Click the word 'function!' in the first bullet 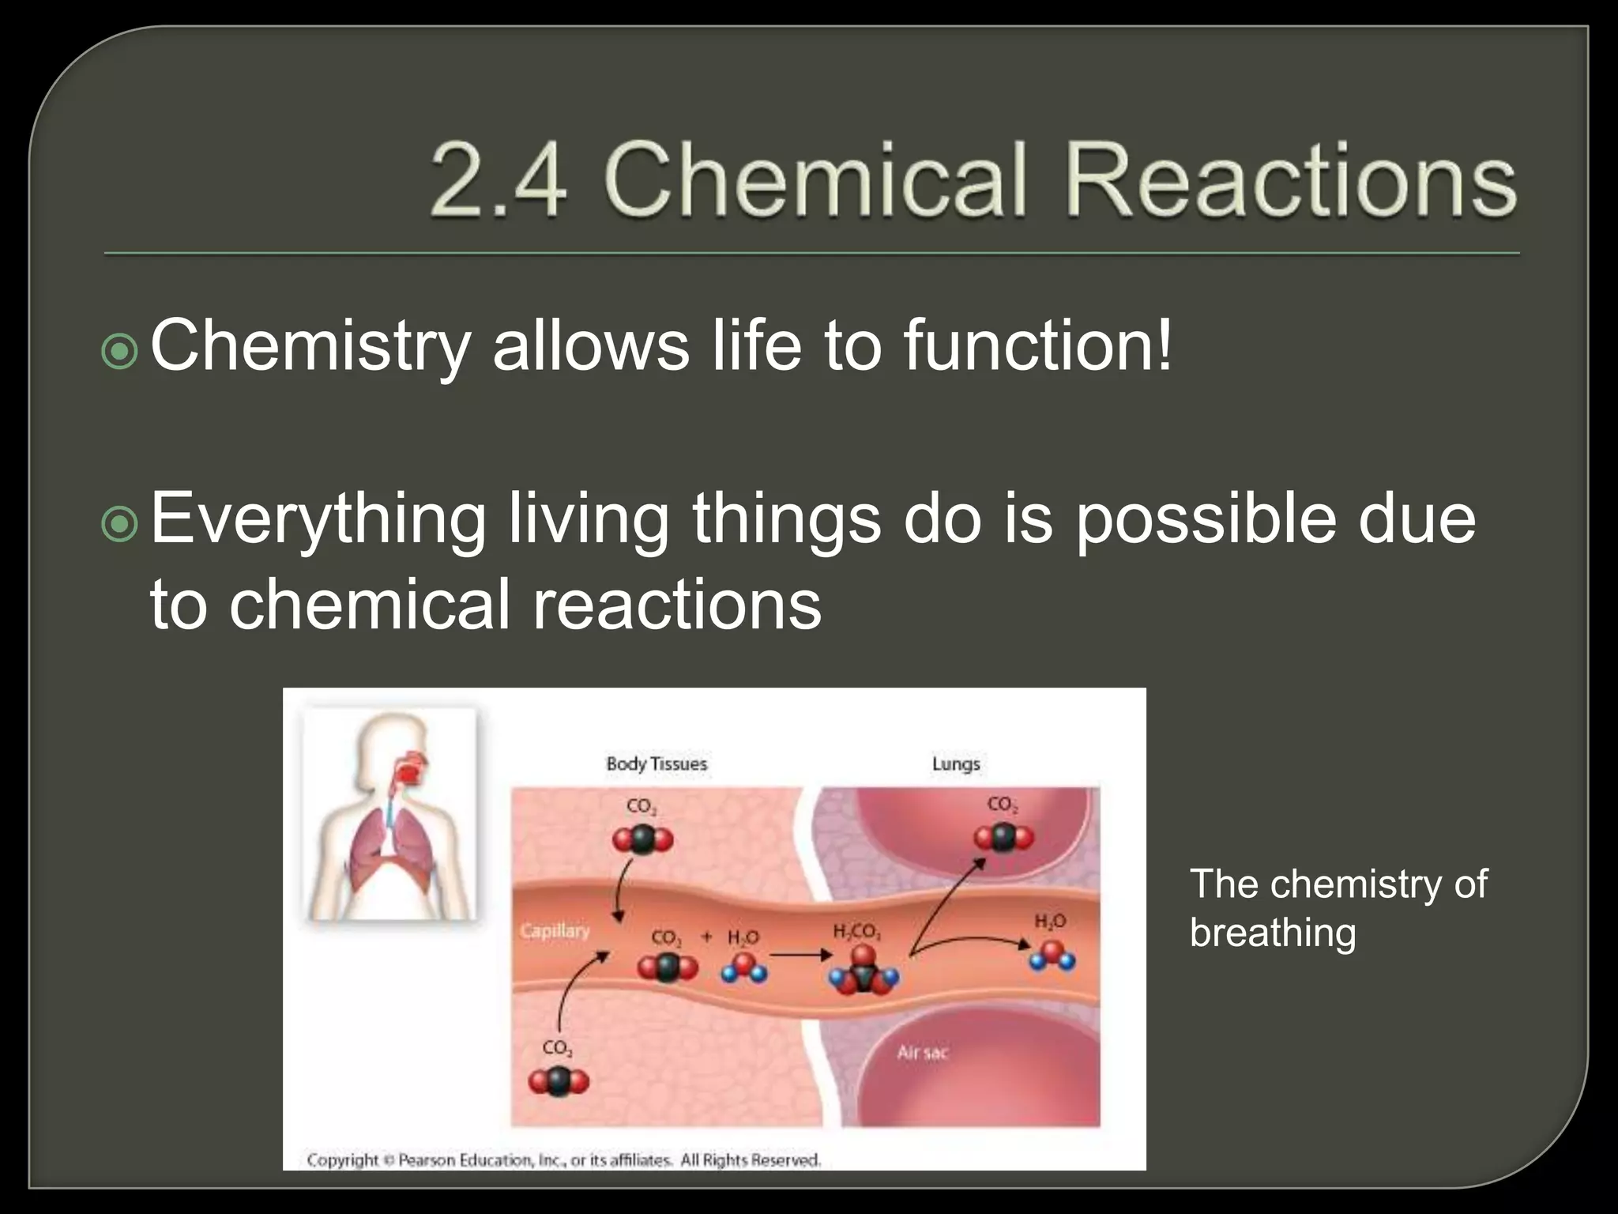pos(1038,345)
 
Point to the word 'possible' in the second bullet pos(1206,519)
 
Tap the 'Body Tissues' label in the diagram pos(657,764)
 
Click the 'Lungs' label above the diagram pos(956,764)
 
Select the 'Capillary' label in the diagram pos(555,930)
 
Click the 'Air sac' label pos(922,1053)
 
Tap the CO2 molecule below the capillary pos(558,1081)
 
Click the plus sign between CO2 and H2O pos(707,937)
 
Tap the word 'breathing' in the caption pos(1273,933)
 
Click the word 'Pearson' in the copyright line pos(426,1160)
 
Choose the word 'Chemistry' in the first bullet pos(310,345)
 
